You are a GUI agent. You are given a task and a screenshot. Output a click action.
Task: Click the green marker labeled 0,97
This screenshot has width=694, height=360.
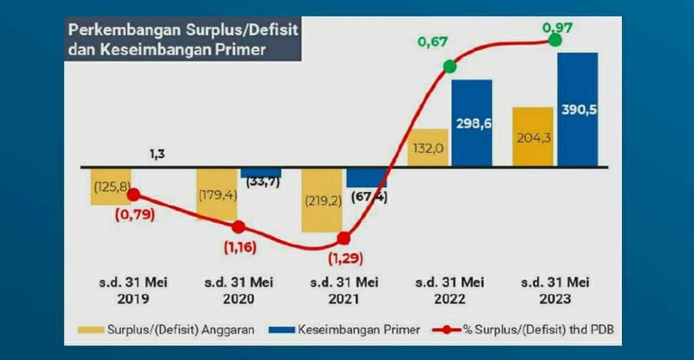[x=555, y=40]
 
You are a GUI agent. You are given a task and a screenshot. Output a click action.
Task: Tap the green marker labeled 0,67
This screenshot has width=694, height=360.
[x=450, y=67]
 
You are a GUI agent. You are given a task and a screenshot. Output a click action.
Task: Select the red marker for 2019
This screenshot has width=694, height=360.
[x=134, y=196]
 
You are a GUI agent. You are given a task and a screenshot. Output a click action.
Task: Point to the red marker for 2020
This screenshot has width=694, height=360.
[x=238, y=227]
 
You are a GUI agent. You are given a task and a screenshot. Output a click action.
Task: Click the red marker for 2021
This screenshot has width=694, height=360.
[x=343, y=239]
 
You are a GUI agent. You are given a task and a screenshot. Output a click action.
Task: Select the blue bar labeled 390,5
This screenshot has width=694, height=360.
[x=577, y=110]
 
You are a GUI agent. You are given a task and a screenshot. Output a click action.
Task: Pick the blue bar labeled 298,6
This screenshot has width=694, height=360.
[x=472, y=123]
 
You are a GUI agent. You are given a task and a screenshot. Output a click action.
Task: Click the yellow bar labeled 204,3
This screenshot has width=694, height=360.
[x=532, y=137]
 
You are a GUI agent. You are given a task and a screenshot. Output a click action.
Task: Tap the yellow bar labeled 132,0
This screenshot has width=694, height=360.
[x=428, y=147]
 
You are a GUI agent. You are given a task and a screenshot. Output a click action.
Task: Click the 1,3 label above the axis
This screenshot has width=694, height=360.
[x=157, y=154]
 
